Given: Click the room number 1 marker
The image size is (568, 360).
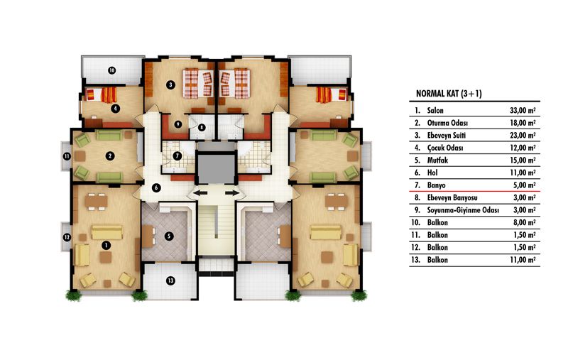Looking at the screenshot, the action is point(106,246).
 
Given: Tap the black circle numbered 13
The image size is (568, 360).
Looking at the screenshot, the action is point(170,280).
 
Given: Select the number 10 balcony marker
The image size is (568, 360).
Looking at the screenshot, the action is point(112,70).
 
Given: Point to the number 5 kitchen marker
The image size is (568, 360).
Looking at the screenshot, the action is point(169,236).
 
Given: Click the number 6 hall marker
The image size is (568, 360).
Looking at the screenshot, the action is point(156,188).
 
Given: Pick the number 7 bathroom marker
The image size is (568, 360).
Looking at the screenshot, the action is point(177,156).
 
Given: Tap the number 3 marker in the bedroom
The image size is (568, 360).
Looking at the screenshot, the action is point(170,85).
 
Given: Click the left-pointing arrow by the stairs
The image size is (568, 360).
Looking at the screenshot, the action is point(200,193).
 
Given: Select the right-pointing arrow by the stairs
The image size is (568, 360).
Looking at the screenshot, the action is point(232,193).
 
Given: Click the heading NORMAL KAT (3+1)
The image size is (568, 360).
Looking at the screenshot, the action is point(449,94).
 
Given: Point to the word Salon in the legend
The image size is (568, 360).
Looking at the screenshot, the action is point(435,111).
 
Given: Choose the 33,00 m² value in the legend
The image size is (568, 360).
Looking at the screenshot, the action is point(523,111).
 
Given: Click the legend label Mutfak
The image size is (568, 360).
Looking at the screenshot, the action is point(437,160).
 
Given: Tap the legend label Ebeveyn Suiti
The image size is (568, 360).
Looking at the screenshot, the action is point(447,136).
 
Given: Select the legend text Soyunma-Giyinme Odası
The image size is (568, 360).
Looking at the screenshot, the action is point(463,210).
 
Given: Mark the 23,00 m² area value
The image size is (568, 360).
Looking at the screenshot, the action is point(523,136).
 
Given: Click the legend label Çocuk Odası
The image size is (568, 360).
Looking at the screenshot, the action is point(445,148).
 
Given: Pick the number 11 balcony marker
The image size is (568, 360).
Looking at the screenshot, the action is point(67,157).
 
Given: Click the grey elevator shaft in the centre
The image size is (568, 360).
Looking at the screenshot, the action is point(216,169).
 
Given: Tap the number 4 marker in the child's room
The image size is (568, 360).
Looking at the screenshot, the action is point(115,108).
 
